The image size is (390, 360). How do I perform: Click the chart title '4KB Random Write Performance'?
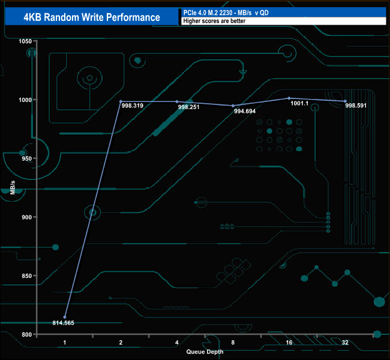[x=92, y=17]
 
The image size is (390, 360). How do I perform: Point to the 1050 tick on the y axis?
[x=25, y=41]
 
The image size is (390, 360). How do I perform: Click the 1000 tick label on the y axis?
[x=25, y=100]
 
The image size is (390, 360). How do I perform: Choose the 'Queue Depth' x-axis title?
[x=205, y=351]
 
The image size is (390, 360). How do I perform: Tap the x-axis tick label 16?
[x=289, y=342]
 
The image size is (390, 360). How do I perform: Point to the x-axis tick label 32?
[x=345, y=342]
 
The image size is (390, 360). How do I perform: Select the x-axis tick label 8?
[x=233, y=342]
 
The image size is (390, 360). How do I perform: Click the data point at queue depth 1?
[x=65, y=317]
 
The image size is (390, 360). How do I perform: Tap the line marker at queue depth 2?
[x=121, y=101]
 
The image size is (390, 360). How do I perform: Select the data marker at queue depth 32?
[x=345, y=101]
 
